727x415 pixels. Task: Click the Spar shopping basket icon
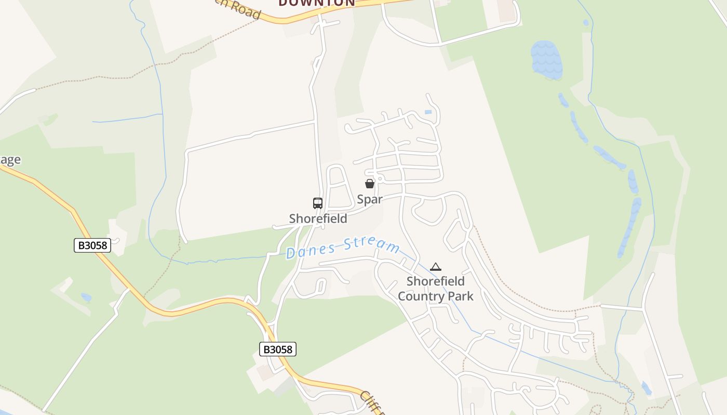370,184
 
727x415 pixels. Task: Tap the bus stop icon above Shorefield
318,203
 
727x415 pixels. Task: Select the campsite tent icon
436,267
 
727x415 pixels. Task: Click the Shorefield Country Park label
435,288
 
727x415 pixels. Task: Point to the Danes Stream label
343,248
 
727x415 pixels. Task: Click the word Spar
370,199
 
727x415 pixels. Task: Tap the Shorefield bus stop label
318,218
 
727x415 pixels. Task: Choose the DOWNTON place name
317,3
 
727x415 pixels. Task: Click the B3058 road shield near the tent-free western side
92,245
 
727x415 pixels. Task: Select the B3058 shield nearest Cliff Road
277,349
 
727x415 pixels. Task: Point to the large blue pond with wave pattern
546,60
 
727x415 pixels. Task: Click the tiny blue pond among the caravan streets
428,112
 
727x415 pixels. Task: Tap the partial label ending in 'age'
10,160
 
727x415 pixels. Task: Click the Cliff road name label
372,404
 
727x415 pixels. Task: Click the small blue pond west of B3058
86,297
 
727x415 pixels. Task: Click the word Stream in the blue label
373,245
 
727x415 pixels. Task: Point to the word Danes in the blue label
309,252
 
